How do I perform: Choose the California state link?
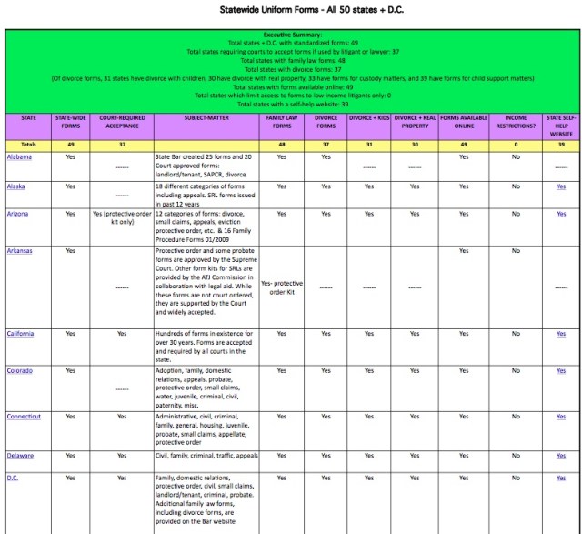(20, 334)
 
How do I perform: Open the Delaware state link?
(19, 455)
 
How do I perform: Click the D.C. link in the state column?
(13, 478)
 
